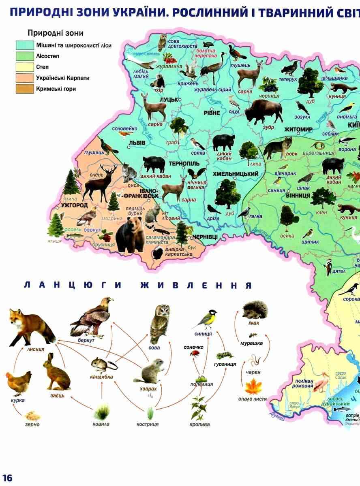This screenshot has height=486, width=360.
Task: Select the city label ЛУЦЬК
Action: coord(169,100)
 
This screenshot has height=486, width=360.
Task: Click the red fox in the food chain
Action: coord(30,326)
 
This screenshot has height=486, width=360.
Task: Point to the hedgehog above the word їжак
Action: coord(254,311)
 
